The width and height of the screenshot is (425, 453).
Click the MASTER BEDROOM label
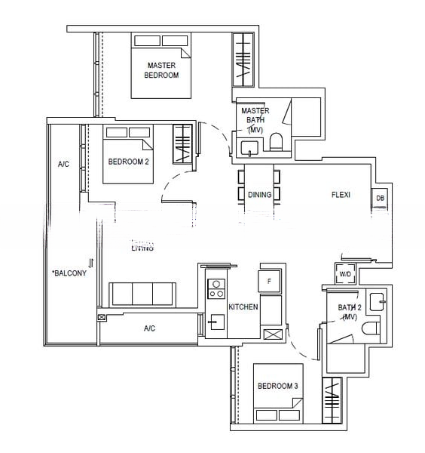[x=161, y=70]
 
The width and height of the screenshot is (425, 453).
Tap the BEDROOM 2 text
[x=129, y=162]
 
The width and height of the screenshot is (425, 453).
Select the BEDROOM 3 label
[x=278, y=386]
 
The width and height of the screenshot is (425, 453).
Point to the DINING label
[x=259, y=195]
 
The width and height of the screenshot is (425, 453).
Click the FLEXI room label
[x=341, y=195]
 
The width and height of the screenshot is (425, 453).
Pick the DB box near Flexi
[x=380, y=199]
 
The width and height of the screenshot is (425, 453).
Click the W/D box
[x=345, y=274]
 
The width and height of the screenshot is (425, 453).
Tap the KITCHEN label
[x=244, y=307]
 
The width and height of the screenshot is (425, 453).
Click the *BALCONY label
[x=69, y=273]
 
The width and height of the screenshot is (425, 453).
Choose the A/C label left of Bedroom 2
[x=63, y=164]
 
